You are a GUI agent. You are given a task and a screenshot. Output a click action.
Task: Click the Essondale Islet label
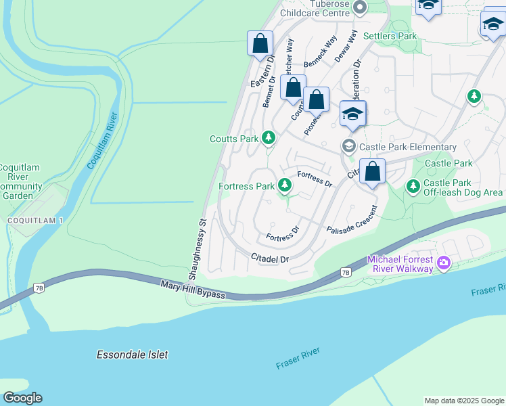(x=132, y=355)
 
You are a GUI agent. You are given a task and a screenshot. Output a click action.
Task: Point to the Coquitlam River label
(x=103, y=141)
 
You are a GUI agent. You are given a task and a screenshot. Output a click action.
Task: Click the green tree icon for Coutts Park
(x=269, y=138)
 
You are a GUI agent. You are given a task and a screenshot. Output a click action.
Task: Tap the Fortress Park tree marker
(x=285, y=185)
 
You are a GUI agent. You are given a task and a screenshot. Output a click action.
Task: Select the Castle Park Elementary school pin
(x=349, y=146)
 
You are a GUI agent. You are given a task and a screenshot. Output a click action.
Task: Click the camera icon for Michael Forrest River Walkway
(x=443, y=262)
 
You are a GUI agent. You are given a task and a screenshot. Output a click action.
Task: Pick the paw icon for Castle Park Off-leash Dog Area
(x=413, y=185)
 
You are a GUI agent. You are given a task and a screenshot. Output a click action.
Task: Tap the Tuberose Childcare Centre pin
(x=360, y=7)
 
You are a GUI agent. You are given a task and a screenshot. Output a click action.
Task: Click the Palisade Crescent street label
(x=351, y=221)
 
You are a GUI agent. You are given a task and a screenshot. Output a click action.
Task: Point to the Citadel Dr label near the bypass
(x=269, y=258)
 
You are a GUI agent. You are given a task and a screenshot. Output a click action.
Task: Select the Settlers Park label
(x=390, y=35)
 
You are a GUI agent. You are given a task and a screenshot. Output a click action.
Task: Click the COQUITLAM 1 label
(x=30, y=221)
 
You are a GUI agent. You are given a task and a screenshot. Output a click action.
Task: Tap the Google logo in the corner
(x=22, y=398)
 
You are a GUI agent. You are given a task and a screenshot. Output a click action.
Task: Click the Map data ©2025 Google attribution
(x=464, y=401)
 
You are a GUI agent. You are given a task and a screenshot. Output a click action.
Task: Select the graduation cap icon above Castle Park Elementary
(x=352, y=114)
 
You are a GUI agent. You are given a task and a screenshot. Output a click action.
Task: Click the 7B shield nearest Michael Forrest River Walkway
(x=346, y=273)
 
